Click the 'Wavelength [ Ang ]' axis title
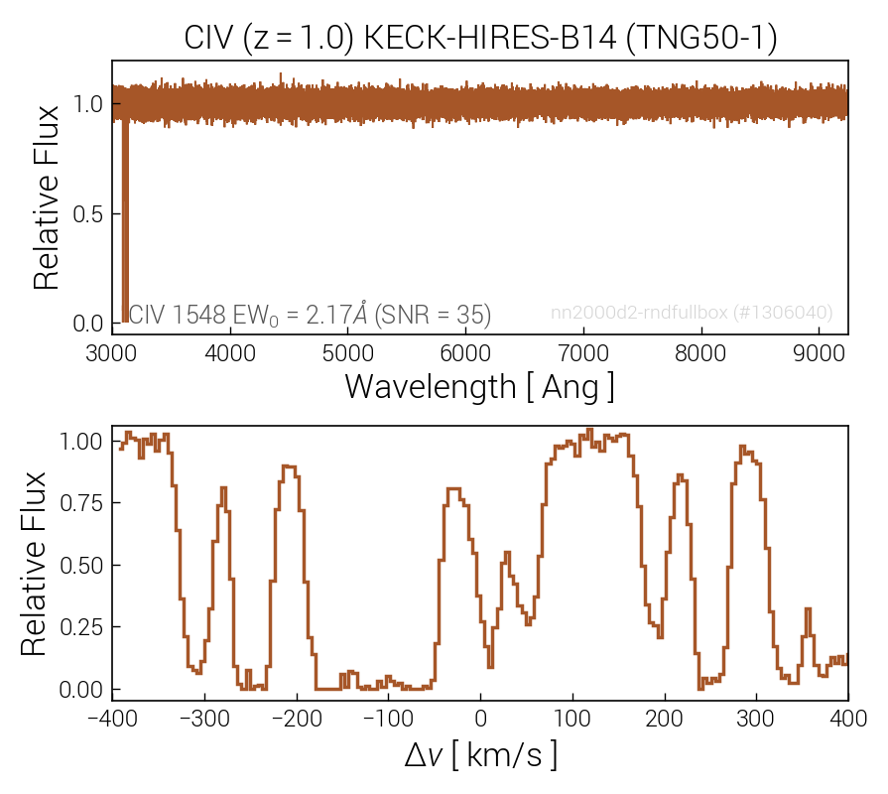(479, 386)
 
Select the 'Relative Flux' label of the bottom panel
(34, 564)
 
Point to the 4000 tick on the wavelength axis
(230, 351)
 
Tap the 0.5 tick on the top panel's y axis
(89, 214)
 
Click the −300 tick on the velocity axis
(204, 717)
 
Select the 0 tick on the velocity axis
(480, 717)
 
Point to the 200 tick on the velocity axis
(664, 717)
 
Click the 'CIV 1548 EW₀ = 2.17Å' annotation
(310, 315)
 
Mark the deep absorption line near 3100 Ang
(125, 218)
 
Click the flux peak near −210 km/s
(288, 465)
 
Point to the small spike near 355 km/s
(808, 608)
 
